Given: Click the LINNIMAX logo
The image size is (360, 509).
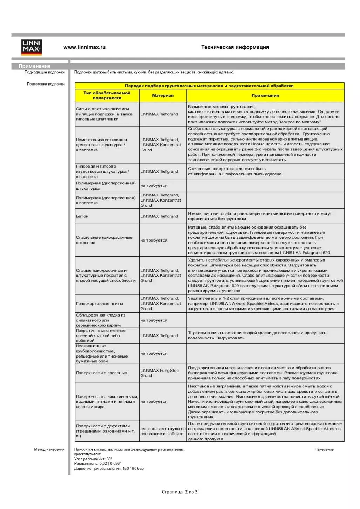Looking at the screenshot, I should pyautogui.click(x=32, y=47).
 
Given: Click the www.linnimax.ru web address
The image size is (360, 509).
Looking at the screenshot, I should pyautogui.click(x=84, y=47).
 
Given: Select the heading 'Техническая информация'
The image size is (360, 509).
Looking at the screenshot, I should pyautogui.click(x=235, y=47).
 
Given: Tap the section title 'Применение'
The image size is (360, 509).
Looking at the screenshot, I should pyautogui.click(x=34, y=66).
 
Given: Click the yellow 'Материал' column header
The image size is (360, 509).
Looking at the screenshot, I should pyautogui.click(x=163, y=95).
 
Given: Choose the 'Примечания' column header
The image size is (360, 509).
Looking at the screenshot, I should pyautogui.click(x=265, y=95).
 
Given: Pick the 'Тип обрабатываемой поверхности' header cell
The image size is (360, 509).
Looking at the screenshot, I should pyautogui.click(x=107, y=95).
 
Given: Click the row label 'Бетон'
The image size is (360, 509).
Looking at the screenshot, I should pyautogui.click(x=82, y=216).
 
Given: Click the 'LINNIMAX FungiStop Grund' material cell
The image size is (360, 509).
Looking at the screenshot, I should pyautogui.click(x=159, y=373).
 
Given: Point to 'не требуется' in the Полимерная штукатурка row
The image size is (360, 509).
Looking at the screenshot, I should pyautogui.click(x=154, y=185).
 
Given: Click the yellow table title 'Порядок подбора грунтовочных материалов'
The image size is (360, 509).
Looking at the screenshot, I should pyautogui.click(x=209, y=86).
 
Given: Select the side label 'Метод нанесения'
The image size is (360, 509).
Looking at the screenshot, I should pyautogui.click(x=49, y=449).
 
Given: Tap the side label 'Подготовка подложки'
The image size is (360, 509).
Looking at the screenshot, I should pyautogui.click(x=46, y=84).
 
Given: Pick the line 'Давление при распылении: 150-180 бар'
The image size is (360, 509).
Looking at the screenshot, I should pyautogui.click(x=109, y=469).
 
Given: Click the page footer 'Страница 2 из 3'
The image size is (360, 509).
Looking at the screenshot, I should pyautogui.click(x=179, y=492).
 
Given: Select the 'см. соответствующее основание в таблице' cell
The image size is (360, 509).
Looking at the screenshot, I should pyautogui.click(x=163, y=431).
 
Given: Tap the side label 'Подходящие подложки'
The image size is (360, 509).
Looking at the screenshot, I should pyautogui.click(x=45, y=72).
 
